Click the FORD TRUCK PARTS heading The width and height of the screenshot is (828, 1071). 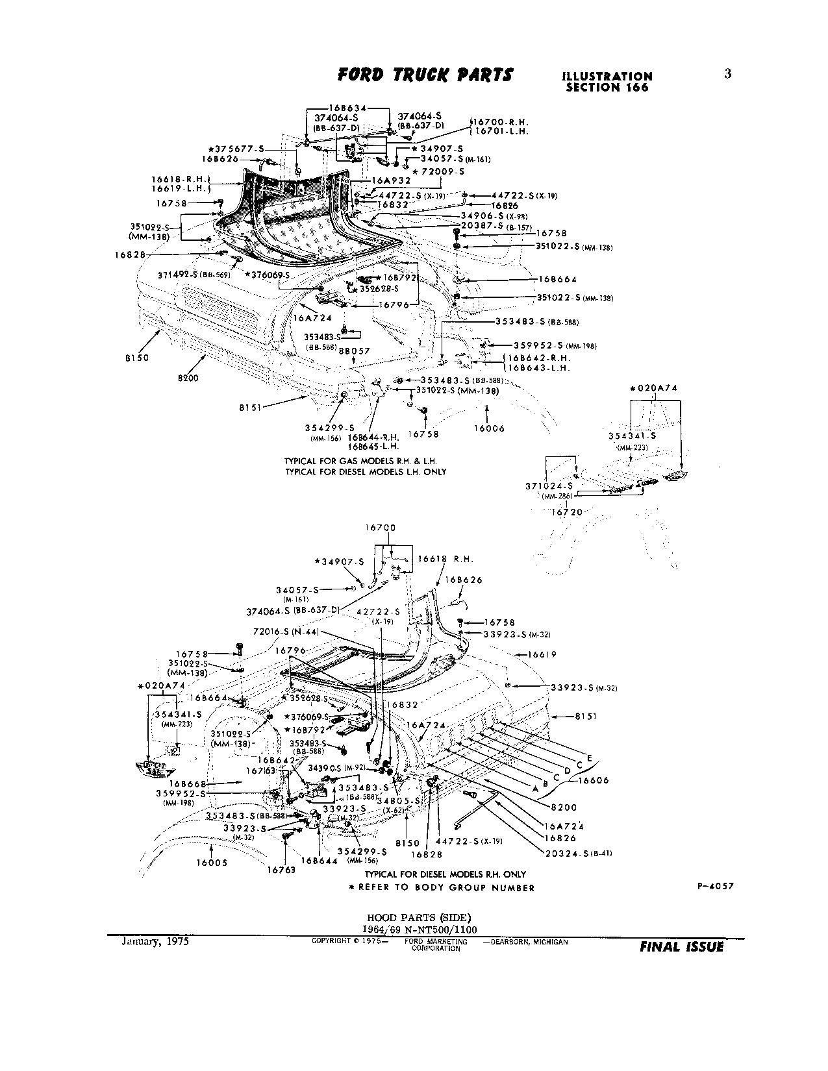[x=425, y=75]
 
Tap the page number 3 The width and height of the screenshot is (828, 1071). [x=727, y=74]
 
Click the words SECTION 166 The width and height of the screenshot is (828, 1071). [x=607, y=88]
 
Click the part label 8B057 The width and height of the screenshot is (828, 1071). [x=354, y=351]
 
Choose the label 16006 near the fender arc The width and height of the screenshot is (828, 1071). [x=488, y=428]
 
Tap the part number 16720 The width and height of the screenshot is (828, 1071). [x=566, y=512]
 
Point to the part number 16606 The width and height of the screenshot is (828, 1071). [x=594, y=781]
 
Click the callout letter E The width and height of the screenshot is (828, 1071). [x=589, y=757]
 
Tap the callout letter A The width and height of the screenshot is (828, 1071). [x=534, y=789]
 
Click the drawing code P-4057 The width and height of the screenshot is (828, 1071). [x=715, y=887]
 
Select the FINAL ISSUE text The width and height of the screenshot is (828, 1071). [x=681, y=947]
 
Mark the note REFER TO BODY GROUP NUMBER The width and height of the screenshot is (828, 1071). [x=445, y=888]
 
